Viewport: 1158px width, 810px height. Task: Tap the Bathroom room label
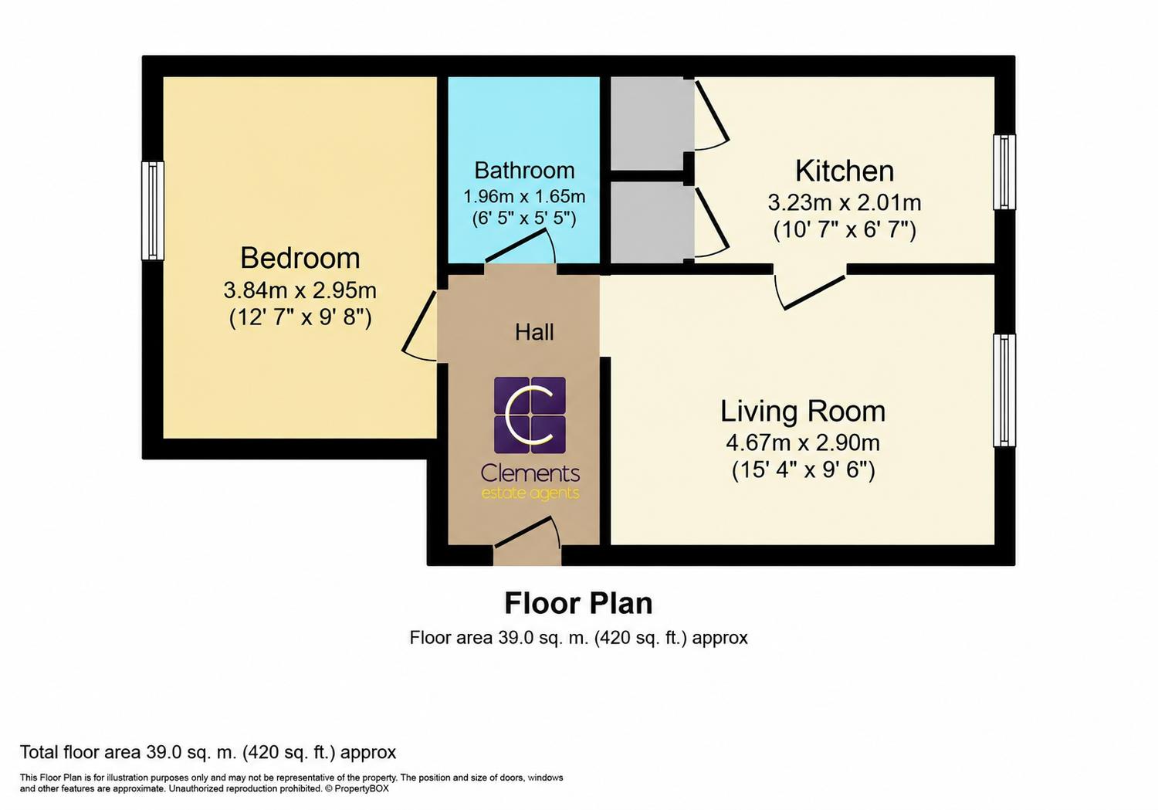coord(524,171)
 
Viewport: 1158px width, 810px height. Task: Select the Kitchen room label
coord(845,171)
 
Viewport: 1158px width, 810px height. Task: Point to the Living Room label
coord(803,411)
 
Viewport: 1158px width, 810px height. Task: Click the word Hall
coord(534,332)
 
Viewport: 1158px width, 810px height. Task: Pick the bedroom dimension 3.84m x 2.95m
coord(300,290)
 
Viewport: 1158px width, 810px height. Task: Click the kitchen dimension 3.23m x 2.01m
coord(845,202)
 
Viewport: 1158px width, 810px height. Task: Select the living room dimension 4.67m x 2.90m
coord(803,443)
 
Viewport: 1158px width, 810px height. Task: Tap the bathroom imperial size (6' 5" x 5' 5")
coord(524,219)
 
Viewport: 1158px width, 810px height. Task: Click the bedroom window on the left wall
coord(153,210)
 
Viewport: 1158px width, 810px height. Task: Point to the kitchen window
coord(1004,172)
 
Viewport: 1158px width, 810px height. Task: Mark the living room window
coord(1004,390)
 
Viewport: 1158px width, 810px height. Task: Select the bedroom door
coord(420,326)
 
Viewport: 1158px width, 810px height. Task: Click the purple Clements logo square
coord(530,415)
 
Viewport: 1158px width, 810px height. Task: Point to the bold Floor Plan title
coord(578,603)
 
